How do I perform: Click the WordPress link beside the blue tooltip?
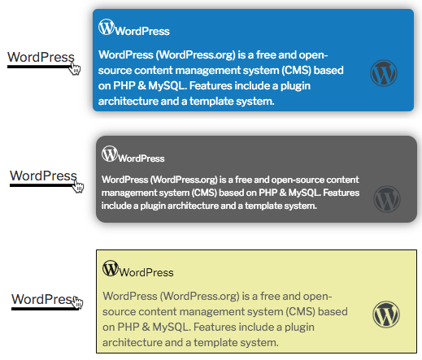(x=41, y=57)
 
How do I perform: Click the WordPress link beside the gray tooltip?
(x=43, y=176)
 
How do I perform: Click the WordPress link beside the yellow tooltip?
(x=43, y=299)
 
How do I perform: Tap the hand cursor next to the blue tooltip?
(x=75, y=67)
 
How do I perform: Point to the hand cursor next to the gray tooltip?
(x=78, y=186)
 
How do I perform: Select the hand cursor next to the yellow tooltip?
(x=78, y=302)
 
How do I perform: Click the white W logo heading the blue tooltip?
(x=107, y=27)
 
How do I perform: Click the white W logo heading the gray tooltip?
(x=110, y=154)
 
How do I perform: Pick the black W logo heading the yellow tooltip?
(x=111, y=268)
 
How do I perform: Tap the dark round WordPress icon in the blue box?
(x=384, y=73)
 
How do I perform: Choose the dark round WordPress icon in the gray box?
(x=387, y=199)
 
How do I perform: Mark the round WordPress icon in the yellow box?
(x=386, y=314)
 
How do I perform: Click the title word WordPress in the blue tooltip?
(x=142, y=31)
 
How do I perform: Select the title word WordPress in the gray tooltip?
(x=141, y=158)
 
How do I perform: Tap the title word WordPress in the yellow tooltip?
(x=146, y=272)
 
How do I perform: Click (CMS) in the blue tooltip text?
(x=296, y=71)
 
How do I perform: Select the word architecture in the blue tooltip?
(x=128, y=102)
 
